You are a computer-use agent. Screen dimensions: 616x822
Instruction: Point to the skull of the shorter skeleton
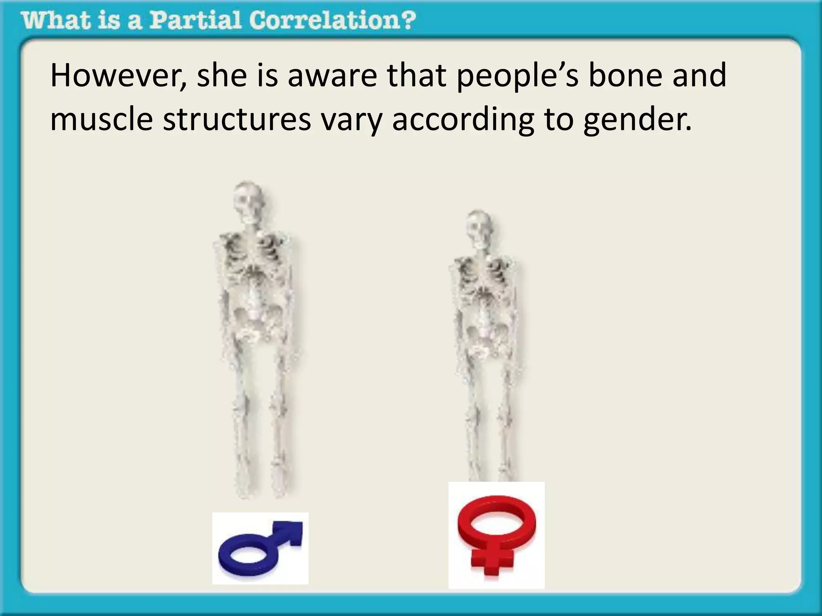[x=480, y=229]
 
